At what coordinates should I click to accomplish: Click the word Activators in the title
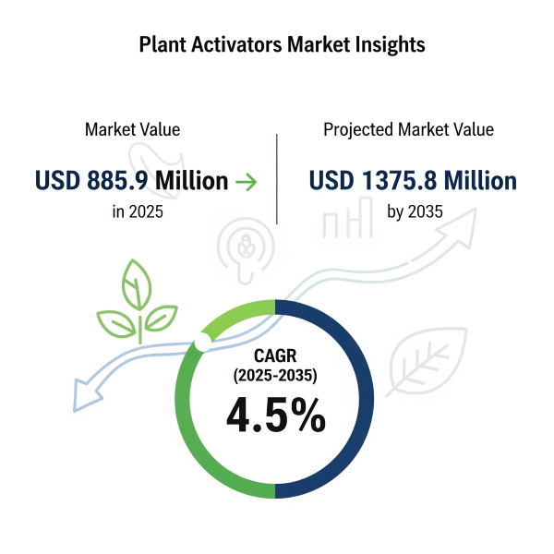pyautogui.click(x=236, y=44)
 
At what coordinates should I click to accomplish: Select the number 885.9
pyautogui.click(x=117, y=180)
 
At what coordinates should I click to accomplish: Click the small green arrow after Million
pyautogui.click(x=247, y=182)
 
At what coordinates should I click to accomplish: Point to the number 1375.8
pyautogui.click(x=400, y=180)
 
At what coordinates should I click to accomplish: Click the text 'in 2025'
pyautogui.click(x=138, y=211)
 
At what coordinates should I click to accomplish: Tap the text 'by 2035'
pyautogui.click(x=415, y=211)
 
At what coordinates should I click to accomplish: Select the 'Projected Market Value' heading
pyautogui.click(x=408, y=129)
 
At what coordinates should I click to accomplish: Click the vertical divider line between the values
pyautogui.click(x=277, y=179)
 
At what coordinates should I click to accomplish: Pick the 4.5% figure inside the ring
pyautogui.click(x=276, y=415)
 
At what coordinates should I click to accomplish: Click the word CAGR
pyautogui.click(x=275, y=355)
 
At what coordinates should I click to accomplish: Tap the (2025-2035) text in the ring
pyautogui.click(x=275, y=375)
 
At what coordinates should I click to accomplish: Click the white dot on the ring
pyautogui.click(x=202, y=342)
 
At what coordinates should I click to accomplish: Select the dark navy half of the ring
pyautogui.click(x=366, y=399)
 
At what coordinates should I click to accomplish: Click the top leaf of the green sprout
pyautogui.click(x=137, y=284)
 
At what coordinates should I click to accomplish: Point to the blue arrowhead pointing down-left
pyautogui.click(x=85, y=395)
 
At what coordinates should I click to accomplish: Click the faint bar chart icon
pyautogui.click(x=348, y=218)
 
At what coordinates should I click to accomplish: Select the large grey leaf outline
pyautogui.click(x=427, y=360)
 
